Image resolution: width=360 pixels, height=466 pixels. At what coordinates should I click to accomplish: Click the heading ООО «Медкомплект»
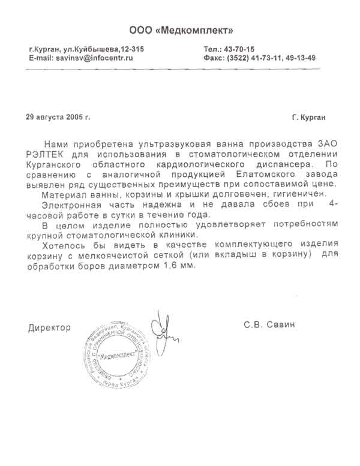tap(181, 30)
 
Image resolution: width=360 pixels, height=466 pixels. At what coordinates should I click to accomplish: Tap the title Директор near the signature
tap(49, 327)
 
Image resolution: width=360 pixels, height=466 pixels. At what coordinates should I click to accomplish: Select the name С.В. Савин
tap(270, 326)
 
